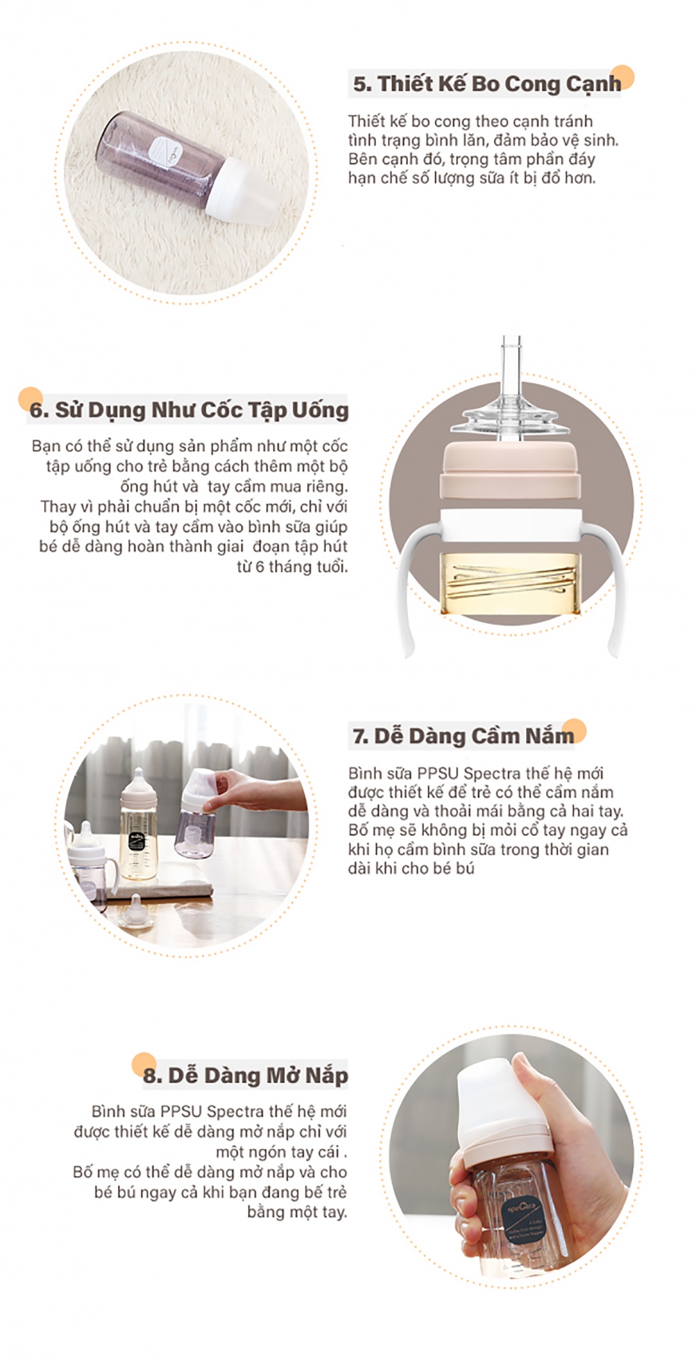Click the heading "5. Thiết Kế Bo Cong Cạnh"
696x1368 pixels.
point(486,84)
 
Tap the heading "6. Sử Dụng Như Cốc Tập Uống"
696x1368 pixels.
point(188,410)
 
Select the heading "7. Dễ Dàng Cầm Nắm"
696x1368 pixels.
point(463,735)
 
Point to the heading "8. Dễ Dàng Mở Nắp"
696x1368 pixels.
point(245,1075)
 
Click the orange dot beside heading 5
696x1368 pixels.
point(622,77)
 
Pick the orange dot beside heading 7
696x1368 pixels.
point(574,731)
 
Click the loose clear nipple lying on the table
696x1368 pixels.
point(137,912)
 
